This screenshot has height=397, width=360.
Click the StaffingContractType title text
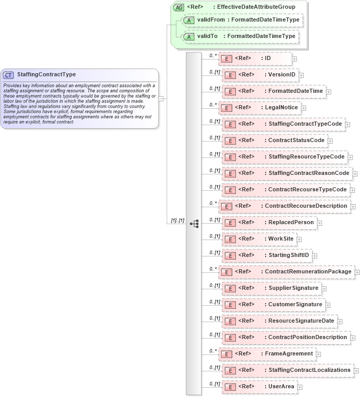pos(46,74)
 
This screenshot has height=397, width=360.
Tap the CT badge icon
pos(9,75)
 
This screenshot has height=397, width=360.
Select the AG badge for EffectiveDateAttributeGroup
pos(179,7)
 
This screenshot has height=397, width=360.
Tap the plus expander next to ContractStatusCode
pos(330,141)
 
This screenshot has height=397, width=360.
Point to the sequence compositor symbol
pos(194,223)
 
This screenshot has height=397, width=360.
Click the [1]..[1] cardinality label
pos(175,221)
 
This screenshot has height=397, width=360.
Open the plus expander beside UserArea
pos(300,387)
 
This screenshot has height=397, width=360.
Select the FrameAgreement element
pos(267,354)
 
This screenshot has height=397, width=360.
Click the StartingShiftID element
pos(267,255)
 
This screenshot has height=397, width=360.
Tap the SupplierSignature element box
pos(272,288)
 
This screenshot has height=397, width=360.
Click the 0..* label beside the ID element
pos(213,55)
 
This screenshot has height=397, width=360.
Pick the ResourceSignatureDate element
pos(279,321)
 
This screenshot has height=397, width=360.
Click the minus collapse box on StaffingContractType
pos(161,98)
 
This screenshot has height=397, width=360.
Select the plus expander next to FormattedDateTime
pos(329,91)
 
